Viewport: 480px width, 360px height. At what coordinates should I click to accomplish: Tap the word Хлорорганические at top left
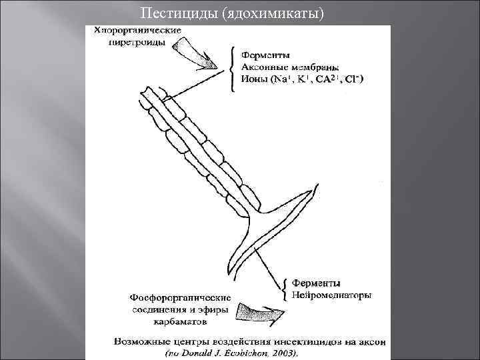click(x=137, y=31)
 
